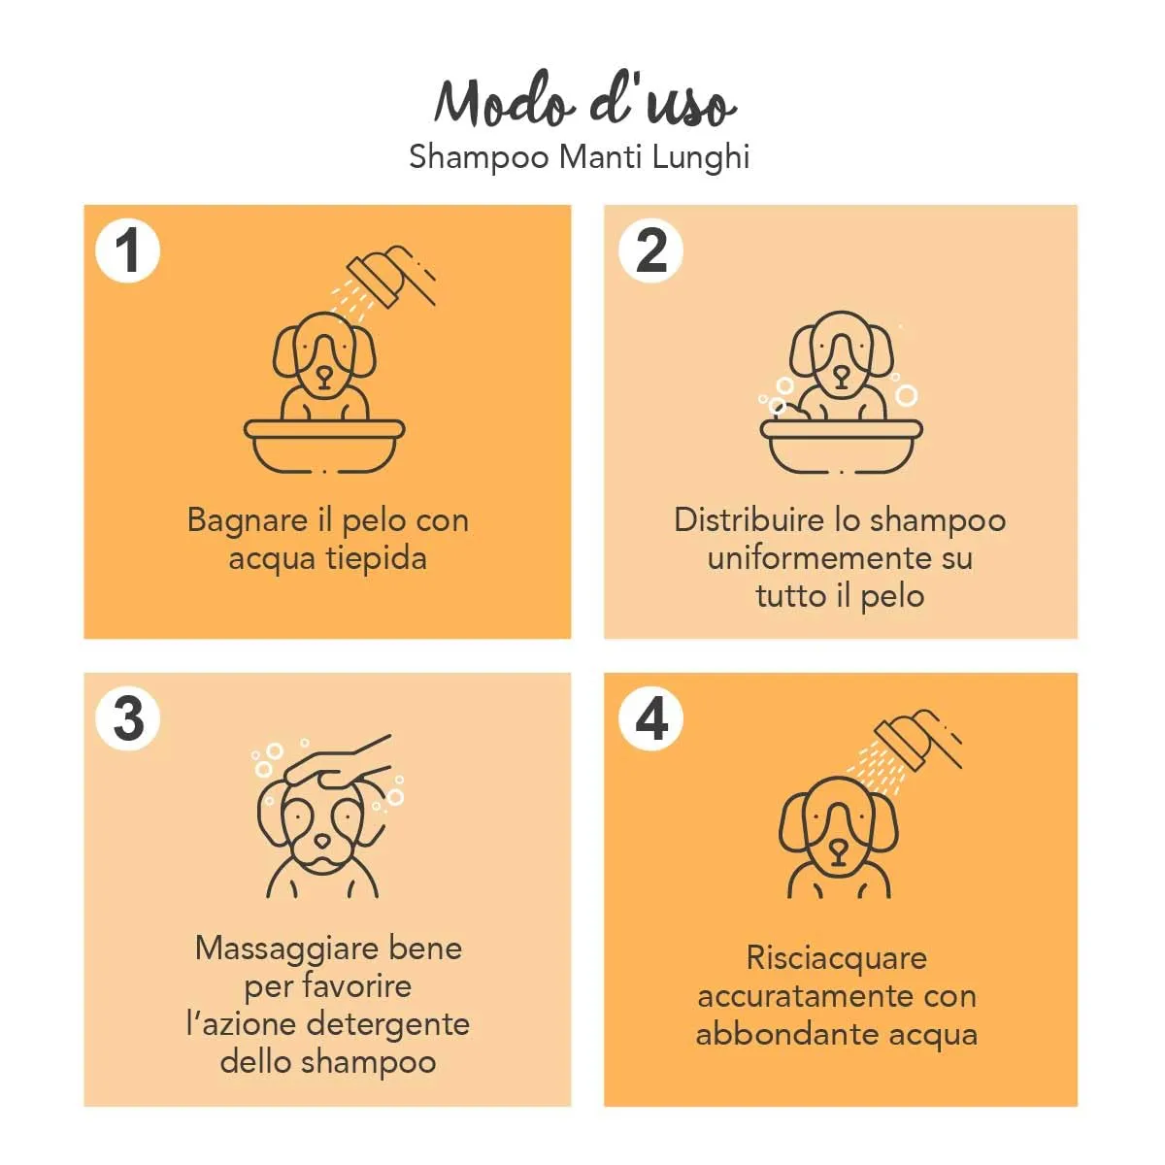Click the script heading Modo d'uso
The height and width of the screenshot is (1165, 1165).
pos(584,100)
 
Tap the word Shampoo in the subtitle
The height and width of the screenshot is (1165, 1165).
pos(479,158)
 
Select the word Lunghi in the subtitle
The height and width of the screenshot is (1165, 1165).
pos(701,158)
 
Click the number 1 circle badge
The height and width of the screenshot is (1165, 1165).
pos(127,250)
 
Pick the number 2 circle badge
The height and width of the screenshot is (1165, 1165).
pos(650,250)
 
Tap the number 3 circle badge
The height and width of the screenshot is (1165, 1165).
pos(127,718)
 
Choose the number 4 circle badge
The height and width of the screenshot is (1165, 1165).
pos(650,718)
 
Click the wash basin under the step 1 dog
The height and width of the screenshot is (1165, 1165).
pos(324,447)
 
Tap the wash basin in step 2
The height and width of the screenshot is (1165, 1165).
pos(841,447)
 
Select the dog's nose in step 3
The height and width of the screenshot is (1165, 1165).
pos(322,842)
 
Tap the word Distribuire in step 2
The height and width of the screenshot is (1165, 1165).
pos(749,520)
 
